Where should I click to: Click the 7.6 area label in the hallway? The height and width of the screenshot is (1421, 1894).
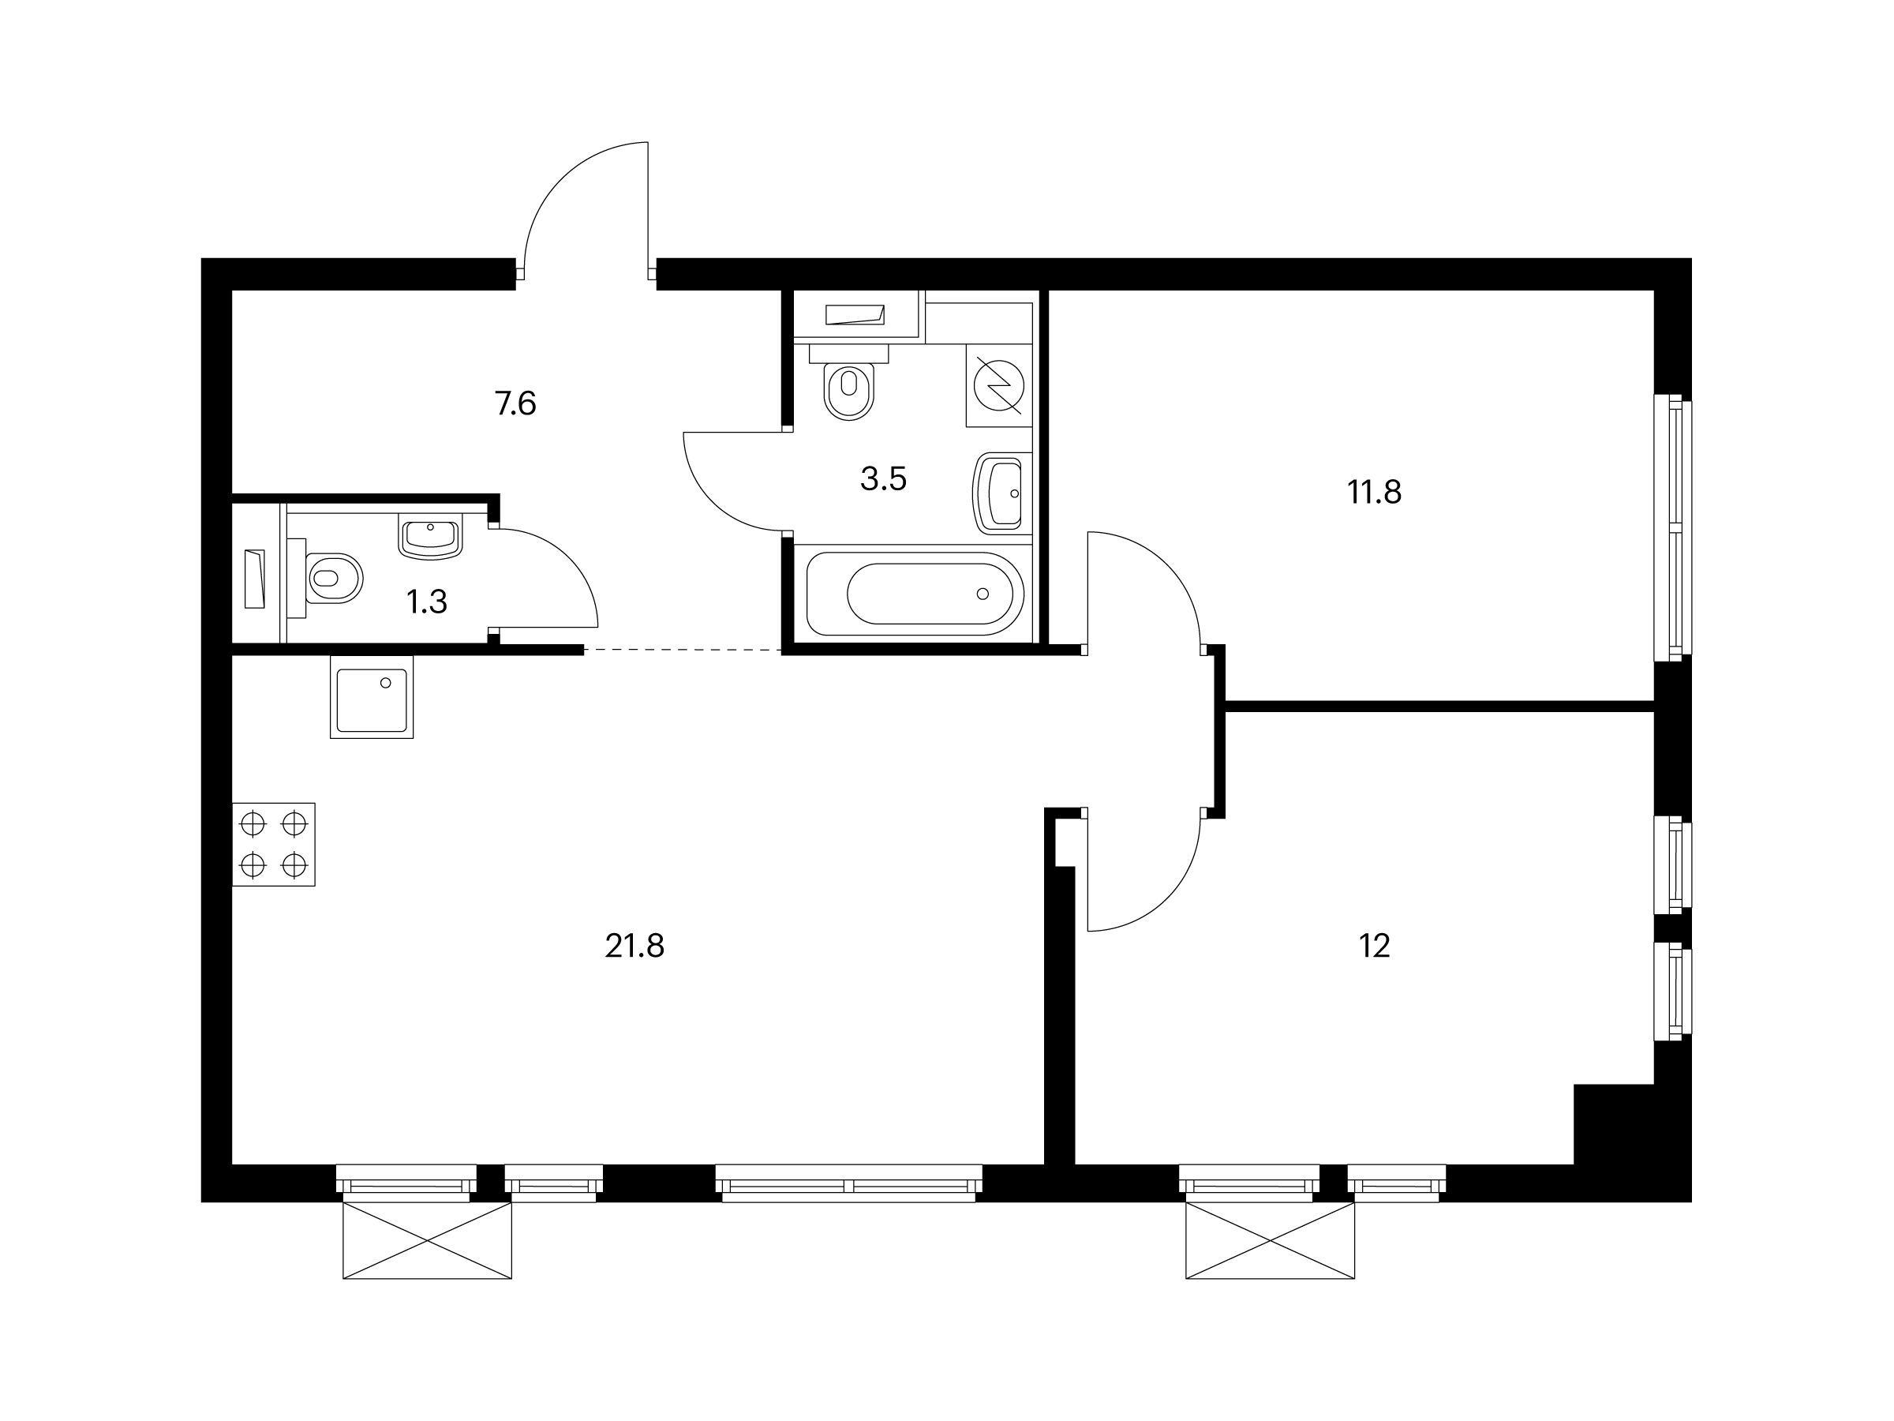click(515, 403)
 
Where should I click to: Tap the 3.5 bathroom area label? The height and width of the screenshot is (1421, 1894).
click(884, 479)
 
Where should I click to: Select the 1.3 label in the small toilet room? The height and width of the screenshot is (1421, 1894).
click(426, 602)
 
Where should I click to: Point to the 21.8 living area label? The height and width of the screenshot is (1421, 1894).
click(634, 947)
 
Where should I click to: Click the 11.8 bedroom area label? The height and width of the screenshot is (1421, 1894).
click(1374, 493)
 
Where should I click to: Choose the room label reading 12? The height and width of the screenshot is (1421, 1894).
click(1374, 947)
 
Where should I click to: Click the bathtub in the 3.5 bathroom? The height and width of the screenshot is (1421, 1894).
click(915, 594)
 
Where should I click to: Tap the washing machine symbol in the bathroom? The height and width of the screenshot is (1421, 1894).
click(998, 385)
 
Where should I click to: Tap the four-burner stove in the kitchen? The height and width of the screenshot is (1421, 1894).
click(274, 845)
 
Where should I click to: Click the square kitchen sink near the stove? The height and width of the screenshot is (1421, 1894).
click(372, 697)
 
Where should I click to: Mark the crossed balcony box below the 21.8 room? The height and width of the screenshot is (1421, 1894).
click(427, 1241)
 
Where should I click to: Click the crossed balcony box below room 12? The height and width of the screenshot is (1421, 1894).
click(1270, 1241)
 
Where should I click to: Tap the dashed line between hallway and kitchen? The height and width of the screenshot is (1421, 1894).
click(683, 651)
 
